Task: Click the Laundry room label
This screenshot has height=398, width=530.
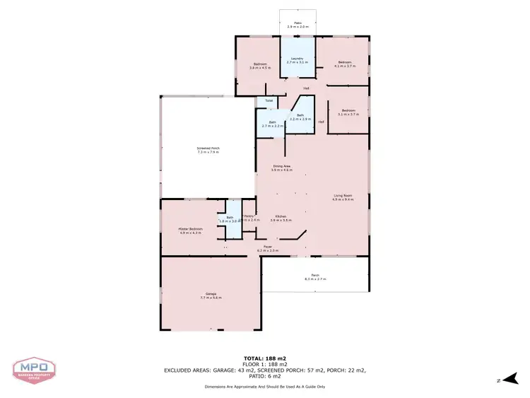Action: tap(295, 58)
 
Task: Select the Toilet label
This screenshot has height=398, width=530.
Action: tap(269, 101)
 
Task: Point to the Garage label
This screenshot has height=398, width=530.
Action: tap(211, 294)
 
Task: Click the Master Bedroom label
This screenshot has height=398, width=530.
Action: tap(191, 228)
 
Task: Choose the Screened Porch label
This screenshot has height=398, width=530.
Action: tap(208, 148)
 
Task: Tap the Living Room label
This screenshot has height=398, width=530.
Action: tap(343, 197)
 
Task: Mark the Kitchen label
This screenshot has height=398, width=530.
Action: tap(281, 217)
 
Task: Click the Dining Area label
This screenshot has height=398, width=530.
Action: tap(283, 167)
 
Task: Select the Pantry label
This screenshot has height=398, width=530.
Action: tap(248, 216)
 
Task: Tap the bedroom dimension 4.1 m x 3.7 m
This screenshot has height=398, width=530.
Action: tap(345, 66)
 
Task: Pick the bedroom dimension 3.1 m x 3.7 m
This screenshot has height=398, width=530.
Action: tap(350, 114)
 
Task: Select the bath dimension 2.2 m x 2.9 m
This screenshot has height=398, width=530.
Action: tap(300, 119)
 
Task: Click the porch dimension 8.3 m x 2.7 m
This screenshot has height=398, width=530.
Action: tap(315, 279)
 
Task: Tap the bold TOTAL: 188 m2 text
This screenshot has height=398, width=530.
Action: tap(265, 358)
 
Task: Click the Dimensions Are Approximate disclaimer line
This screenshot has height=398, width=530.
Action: tap(265, 387)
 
